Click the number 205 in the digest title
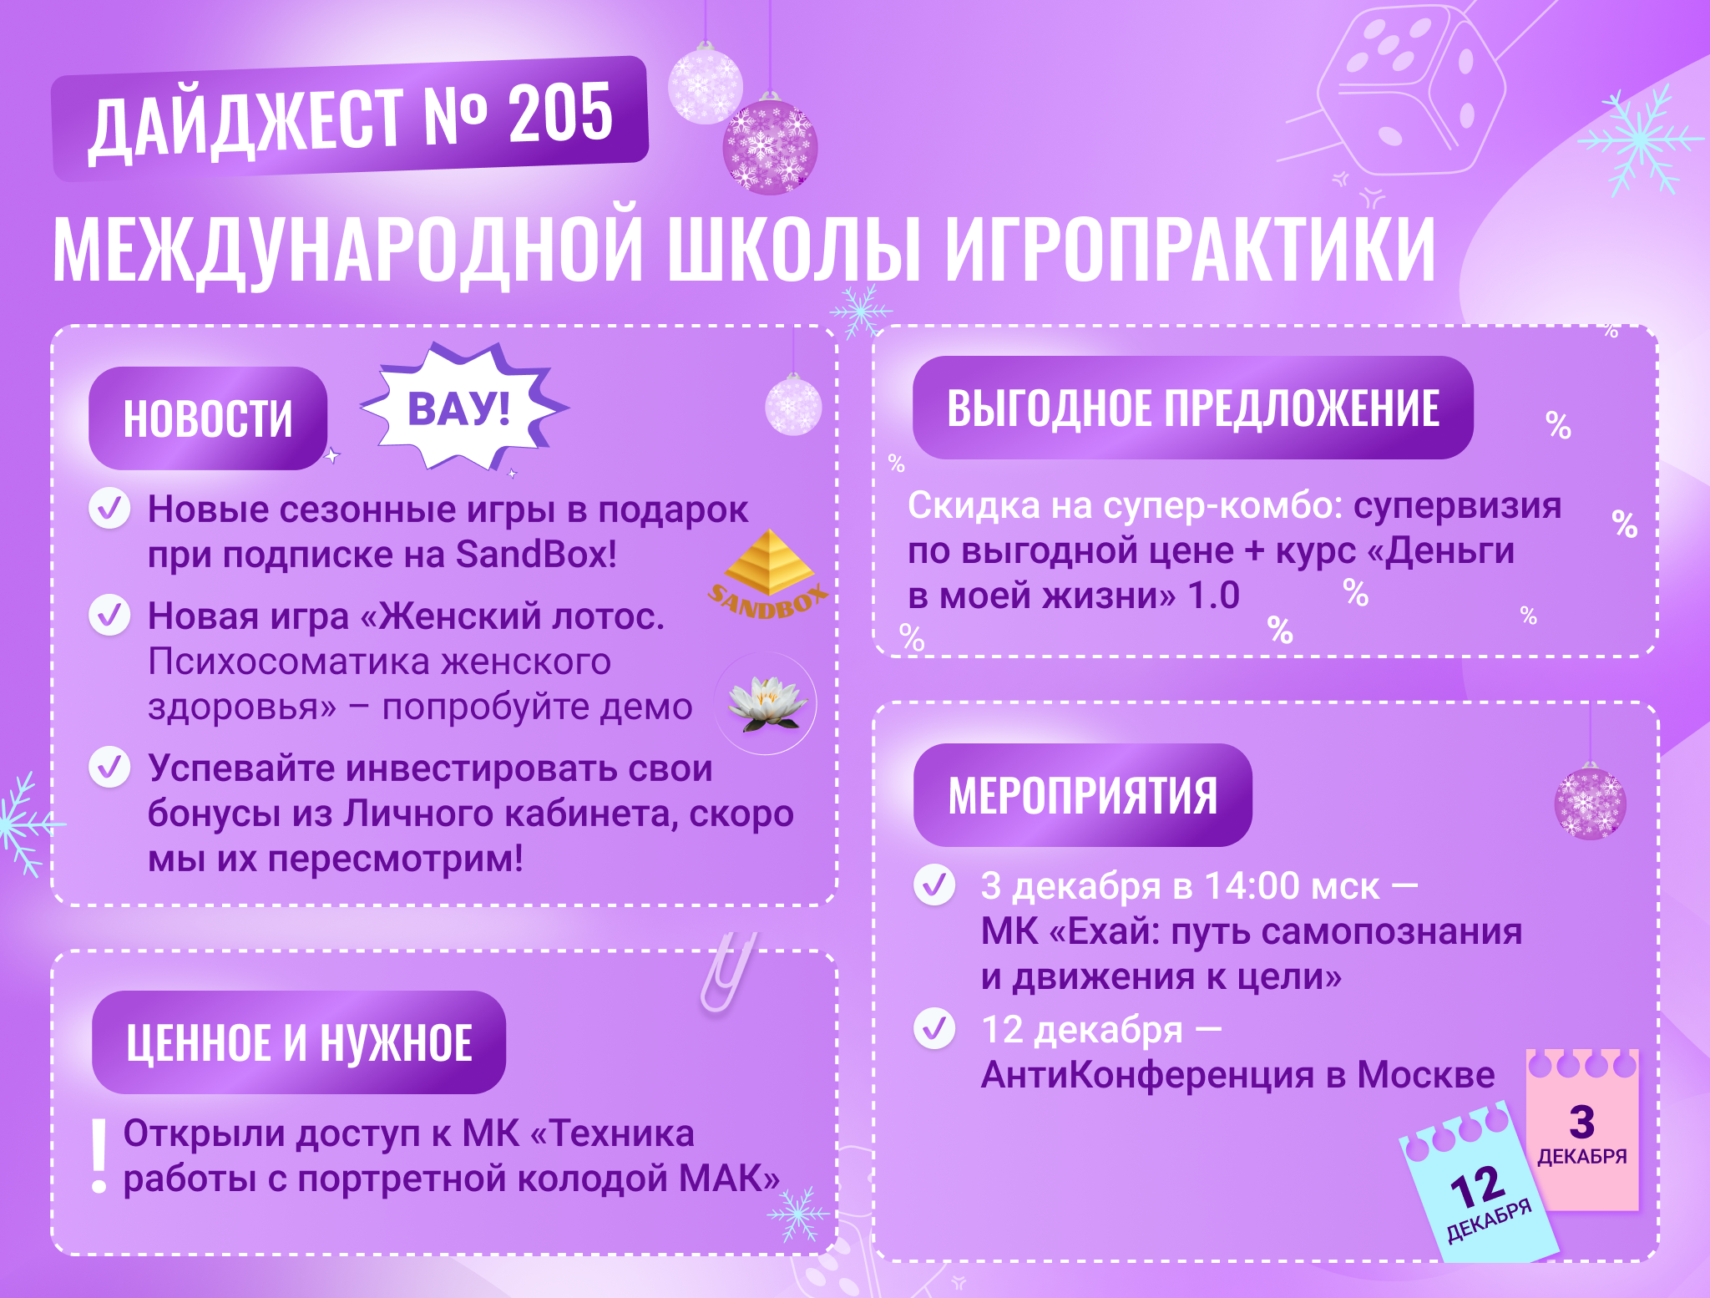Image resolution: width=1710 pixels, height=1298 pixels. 560,114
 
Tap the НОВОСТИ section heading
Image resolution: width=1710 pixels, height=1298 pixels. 208,418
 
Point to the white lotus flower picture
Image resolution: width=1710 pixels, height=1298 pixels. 766,703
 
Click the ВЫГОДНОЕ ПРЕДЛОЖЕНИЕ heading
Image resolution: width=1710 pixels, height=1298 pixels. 1193,408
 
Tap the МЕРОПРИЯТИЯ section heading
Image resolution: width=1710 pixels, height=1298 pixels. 1083,795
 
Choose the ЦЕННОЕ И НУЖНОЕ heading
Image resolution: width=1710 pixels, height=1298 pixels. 299,1042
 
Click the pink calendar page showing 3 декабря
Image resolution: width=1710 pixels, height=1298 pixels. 1582,1129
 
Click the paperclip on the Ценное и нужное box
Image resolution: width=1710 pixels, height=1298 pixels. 729,971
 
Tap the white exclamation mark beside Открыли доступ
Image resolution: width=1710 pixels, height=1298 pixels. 99,1156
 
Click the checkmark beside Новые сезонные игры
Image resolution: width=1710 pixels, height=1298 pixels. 109,508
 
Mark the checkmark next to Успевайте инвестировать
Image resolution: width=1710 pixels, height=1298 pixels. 109,767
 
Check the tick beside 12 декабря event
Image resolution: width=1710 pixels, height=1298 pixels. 934,1028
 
